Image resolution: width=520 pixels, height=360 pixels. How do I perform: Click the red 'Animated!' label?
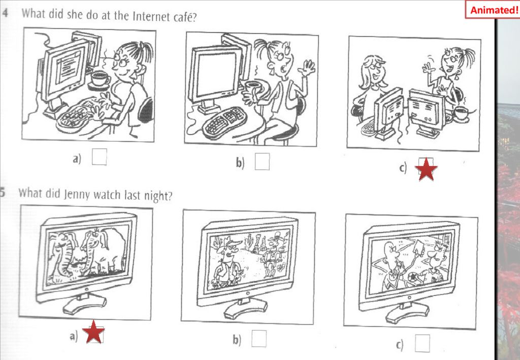tap(494, 10)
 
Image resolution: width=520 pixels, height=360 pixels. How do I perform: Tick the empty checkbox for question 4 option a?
tap(99, 157)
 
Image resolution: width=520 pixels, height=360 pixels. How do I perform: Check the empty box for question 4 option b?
tap(262, 161)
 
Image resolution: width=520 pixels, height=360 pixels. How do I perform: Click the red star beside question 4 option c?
tap(426, 169)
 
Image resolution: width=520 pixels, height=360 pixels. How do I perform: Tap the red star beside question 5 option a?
tap(94, 332)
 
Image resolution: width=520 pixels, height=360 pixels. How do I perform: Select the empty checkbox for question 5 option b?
tap(258, 339)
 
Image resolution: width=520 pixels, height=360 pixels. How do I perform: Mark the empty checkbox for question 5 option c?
tap(422, 343)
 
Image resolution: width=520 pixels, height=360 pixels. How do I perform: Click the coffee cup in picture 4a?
tap(100, 79)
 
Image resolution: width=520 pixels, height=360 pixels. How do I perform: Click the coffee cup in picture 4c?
tap(460, 113)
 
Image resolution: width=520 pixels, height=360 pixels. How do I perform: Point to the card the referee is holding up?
tap(419, 247)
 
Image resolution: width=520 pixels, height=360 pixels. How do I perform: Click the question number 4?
tap(5, 13)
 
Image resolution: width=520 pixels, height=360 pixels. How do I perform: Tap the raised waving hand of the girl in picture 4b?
tap(307, 70)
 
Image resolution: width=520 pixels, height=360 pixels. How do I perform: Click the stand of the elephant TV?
tap(85, 303)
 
